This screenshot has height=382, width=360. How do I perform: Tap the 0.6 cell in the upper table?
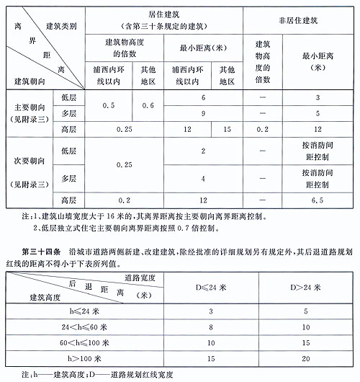148,105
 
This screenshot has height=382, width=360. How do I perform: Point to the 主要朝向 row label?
27,105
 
